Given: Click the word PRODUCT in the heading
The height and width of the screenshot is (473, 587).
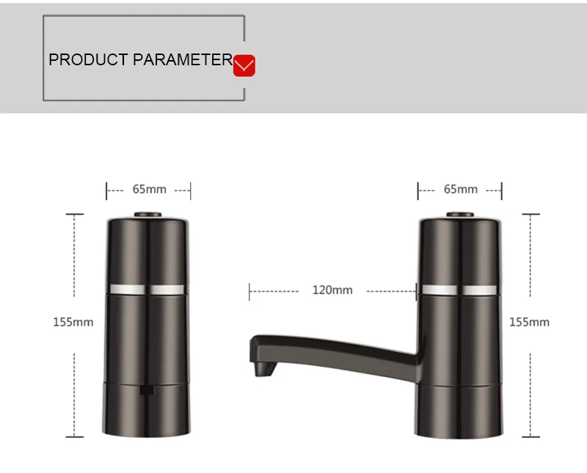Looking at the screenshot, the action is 88,60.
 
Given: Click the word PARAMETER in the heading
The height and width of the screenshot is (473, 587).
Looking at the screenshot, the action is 183,60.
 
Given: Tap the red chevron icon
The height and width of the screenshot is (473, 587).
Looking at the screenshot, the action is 244,65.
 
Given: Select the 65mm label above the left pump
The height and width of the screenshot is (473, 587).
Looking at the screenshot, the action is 150,189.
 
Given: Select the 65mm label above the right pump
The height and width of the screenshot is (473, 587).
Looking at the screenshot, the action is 461,189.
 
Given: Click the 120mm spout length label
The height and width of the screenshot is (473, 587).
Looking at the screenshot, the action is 332,290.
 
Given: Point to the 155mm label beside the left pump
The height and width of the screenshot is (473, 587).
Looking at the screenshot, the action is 73,322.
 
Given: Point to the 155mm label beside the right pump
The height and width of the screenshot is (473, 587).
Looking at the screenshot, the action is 529,322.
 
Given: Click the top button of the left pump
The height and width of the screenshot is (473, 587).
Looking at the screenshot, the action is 148,215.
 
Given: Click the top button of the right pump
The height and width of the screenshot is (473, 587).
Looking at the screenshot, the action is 460,215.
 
